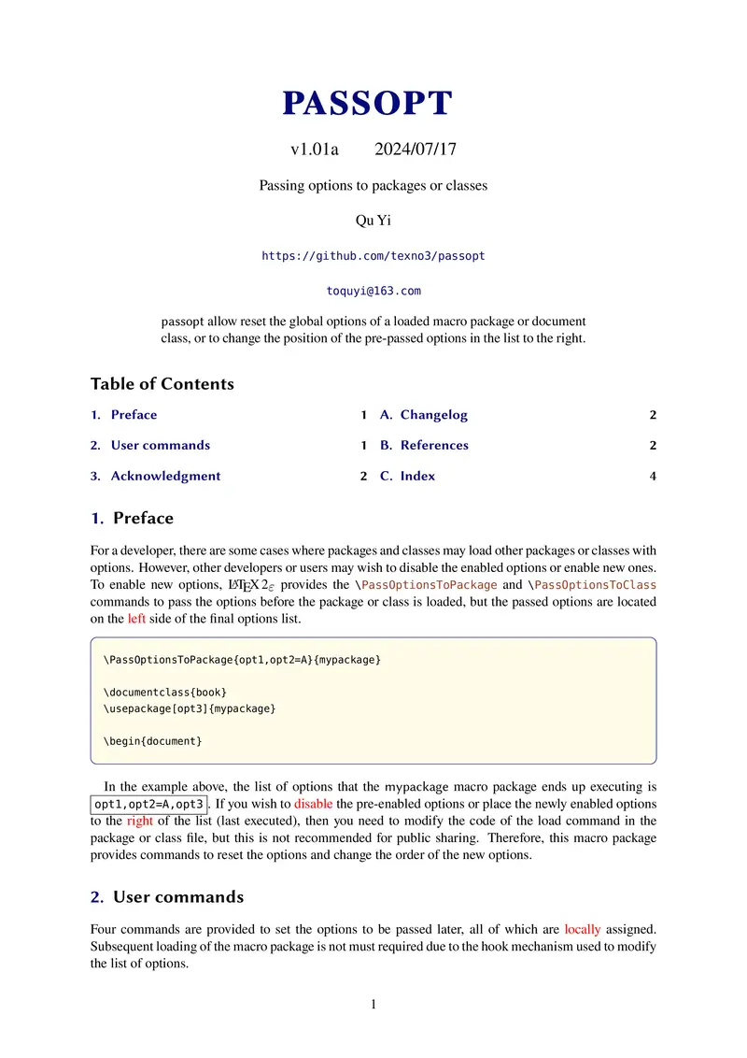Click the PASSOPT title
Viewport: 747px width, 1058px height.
coord(367,104)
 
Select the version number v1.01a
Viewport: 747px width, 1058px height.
coord(315,150)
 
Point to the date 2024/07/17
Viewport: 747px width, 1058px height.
coord(416,150)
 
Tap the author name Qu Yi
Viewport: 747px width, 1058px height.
coord(373,221)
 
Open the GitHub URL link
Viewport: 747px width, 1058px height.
coord(373,255)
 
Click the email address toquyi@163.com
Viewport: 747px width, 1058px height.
coord(373,291)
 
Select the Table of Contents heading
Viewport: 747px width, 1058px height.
coord(162,384)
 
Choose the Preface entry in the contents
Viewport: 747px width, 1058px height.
coord(134,415)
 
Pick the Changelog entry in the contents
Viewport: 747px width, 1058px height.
coord(433,415)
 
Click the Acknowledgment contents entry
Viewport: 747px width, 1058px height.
coord(165,476)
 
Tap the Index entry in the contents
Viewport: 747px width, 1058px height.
coord(417,476)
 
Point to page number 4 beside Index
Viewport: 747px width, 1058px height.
coord(653,477)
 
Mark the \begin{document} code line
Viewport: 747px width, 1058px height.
coord(152,741)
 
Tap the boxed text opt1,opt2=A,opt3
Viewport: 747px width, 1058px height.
coord(149,804)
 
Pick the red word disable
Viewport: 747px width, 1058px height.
coord(313,804)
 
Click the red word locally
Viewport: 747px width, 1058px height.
coord(583,930)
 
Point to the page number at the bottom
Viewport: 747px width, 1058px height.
coord(373,1005)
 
